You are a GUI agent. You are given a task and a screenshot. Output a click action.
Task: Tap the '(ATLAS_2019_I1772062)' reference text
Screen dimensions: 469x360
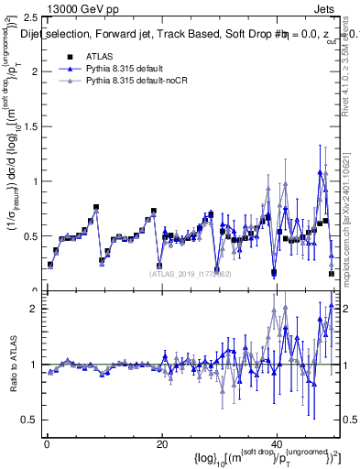[x=191, y=272]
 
